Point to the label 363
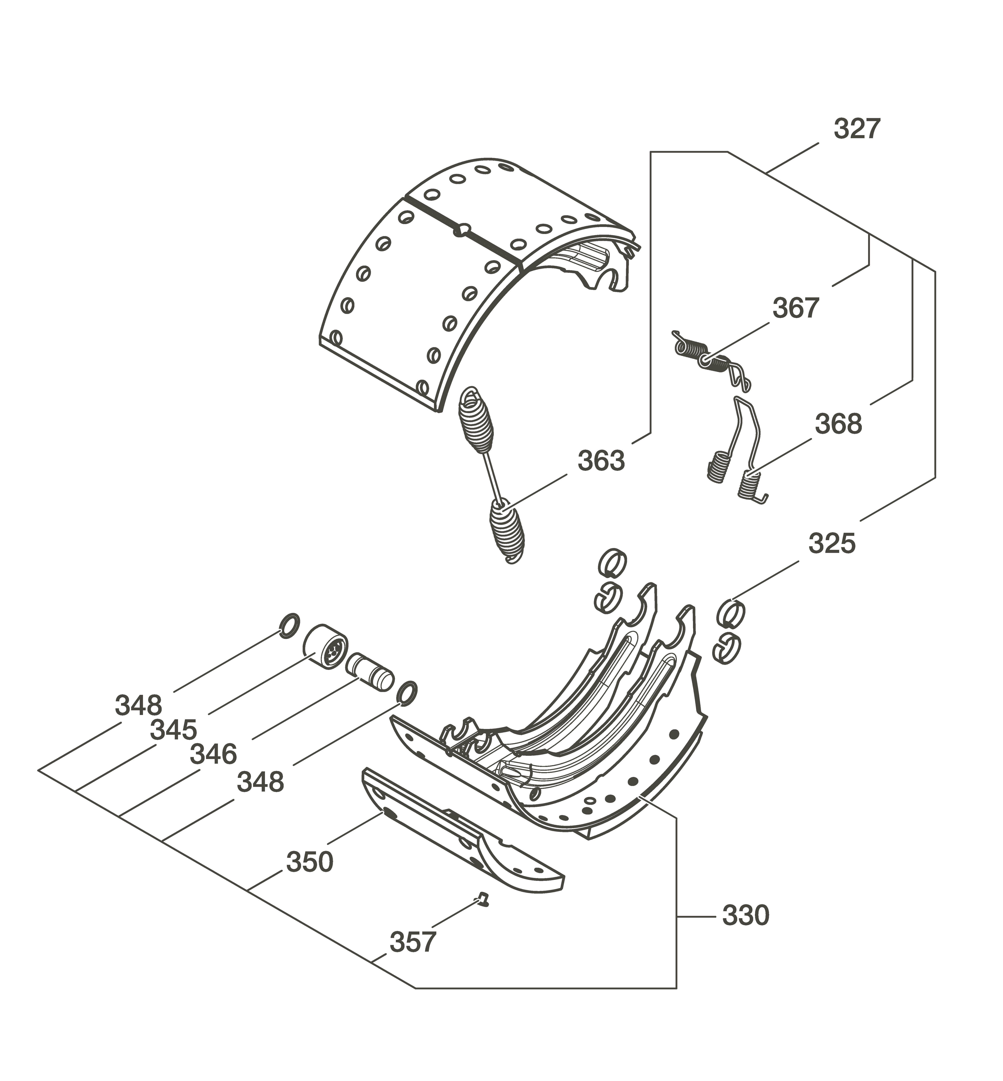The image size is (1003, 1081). pyautogui.click(x=601, y=461)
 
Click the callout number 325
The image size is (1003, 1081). pyautogui.click(x=832, y=544)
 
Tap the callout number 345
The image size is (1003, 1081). pyautogui.click(x=173, y=730)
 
